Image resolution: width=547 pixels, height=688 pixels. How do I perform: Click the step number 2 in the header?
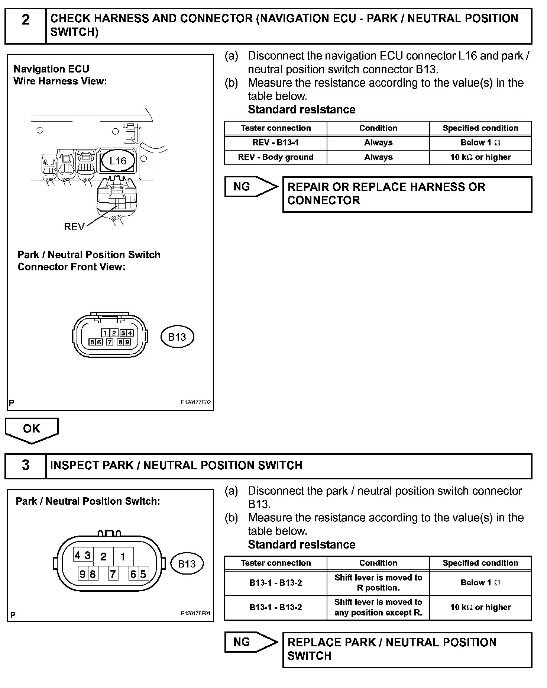[x=25, y=20]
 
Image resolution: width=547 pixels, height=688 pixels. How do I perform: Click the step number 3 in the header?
[x=25, y=465]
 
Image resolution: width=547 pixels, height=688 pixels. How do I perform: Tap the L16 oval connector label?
[x=118, y=161]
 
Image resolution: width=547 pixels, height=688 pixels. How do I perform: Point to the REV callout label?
[x=74, y=227]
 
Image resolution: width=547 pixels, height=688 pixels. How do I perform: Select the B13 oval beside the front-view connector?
[x=177, y=337]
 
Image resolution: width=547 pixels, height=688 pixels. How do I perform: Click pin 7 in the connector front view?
[x=109, y=342]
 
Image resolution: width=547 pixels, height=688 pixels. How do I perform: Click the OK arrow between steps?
[x=32, y=429]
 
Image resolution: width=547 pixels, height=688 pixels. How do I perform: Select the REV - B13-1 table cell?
[x=275, y=142]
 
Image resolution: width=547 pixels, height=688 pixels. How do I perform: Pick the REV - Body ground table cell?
[x=275, y=157]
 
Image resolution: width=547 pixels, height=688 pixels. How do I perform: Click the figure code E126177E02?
[x=196, y=402]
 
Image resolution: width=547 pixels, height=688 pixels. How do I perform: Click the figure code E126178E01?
[x=196, y=613]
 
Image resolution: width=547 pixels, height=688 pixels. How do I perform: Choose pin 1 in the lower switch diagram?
[x=123, y=557]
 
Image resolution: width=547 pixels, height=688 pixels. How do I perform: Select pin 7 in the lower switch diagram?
[x=113, y=574]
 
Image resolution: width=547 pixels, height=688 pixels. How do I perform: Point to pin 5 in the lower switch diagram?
[x=143, y=574]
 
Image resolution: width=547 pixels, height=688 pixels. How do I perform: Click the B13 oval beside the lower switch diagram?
[x=187, y=564]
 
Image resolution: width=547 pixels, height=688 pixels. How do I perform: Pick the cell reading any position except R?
[x=378, y=607]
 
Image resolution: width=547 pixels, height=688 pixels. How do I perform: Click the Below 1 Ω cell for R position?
[x=480, y=583]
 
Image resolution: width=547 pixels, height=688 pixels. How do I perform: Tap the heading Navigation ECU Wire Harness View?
[x=60, y=75]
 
